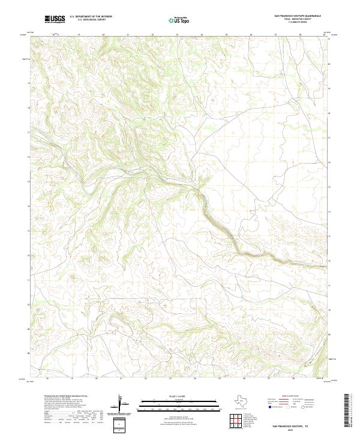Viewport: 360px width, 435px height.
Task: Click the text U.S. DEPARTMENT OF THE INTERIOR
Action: (x=91, y=17)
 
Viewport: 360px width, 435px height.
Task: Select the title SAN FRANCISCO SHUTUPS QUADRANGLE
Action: (x=297, y=17)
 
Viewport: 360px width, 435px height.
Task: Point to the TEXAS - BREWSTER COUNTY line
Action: (x=297, y=20)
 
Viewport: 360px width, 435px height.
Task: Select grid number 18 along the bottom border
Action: (x=47, y=380)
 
